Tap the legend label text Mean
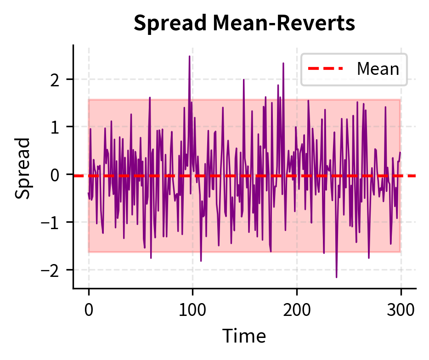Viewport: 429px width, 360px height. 378,69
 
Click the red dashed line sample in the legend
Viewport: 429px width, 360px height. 326,69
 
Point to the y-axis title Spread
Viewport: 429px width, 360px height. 23,168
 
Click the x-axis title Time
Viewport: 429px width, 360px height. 244,336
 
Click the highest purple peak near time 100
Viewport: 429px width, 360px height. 189,56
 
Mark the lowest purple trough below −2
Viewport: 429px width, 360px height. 336,277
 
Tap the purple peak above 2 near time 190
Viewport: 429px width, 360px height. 283,63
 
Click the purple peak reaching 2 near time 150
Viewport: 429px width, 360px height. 244,80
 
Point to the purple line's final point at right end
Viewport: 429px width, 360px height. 400,152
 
